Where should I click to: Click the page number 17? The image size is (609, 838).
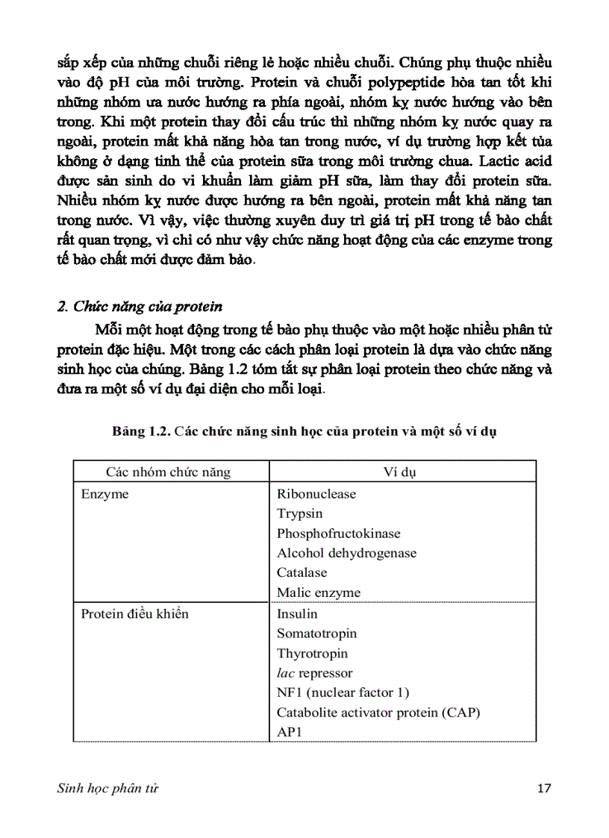(x=544, y=789)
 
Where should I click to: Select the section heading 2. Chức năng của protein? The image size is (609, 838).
(x=140, y=307)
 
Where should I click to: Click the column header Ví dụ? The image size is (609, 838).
(x=402, y=472)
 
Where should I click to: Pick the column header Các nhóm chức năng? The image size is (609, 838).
(x=168, y=472)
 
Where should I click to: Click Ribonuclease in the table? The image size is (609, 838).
(x=316, y=494)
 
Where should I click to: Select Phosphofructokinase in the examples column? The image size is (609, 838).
(x=338, y=534)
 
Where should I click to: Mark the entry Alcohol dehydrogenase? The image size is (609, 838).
(x=346, y=553)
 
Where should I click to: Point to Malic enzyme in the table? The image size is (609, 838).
(x=318, y=592)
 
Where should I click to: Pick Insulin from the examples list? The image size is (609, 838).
(x=296, y=613)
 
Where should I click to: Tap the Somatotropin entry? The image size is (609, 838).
(x=316, y=634)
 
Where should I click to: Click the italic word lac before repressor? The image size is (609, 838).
(x=286, y=673)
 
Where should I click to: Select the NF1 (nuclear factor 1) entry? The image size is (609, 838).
(x=343, y=692)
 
